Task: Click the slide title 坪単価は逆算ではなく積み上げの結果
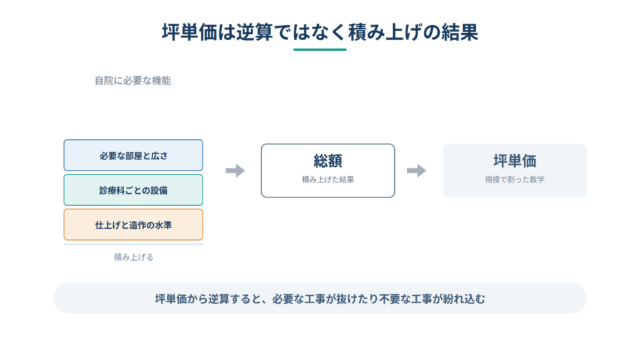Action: click(x=319, y=32)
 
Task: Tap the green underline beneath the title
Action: click(x=319, y=50)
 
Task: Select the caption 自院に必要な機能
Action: click(x=132, y=81)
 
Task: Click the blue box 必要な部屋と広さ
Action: click(x=133, y=155)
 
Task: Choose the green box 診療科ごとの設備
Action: click(x=133, y=190)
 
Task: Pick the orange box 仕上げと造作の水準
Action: click(x=133, y=224)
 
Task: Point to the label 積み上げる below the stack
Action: click(x=134, y=257)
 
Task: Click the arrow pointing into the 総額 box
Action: click(x=235, y=171)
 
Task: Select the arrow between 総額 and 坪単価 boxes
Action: click(x=416, y=171)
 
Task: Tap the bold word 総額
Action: click(x=327, y=161)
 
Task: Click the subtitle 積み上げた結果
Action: click(x=327, y=179)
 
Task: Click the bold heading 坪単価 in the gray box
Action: click(x=515, y=161)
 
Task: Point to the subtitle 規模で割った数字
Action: click(x=515, y=179)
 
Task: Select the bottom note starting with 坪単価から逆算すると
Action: click(x=320, y=299)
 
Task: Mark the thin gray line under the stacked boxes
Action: click(x=133, y=244)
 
